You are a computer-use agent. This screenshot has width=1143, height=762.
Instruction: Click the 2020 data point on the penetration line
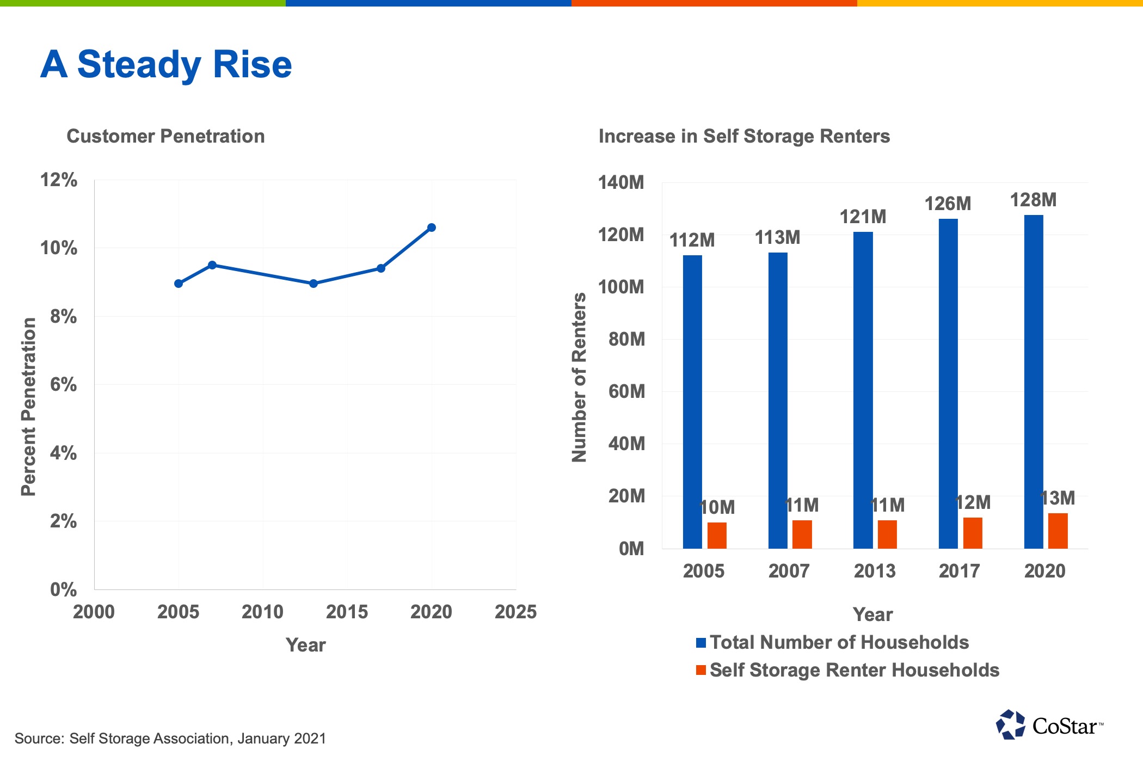pyautogui.click(x=432, y=228)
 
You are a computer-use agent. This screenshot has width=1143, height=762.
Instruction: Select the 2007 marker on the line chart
pyautogui.click(x=212, y=265)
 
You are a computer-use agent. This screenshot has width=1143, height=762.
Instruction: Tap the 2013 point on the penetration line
pyautogui.click(x=314, y=284)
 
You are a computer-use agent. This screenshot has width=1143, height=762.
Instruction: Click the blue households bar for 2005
pyautogui.click(x=692, y=403)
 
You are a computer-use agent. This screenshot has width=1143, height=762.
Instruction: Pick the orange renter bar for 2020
pyautogui.click(x=1058, y=531)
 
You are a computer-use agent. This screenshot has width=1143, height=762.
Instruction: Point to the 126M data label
pyautogui.click(x=948, y=204)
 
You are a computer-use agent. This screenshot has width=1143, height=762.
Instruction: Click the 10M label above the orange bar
pyautogui.click(x=717, y=507)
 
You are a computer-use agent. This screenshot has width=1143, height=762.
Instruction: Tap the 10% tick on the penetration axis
pyautogui.click(x=58, y=248)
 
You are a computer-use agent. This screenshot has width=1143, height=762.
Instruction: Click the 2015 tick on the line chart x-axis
pyautogui.click(x=347, y=612)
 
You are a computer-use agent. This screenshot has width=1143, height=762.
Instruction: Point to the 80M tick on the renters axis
pyautogui.click(x=626, y=339)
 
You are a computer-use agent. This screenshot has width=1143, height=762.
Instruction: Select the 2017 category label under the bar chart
pyautogui.click(x=959, y=571)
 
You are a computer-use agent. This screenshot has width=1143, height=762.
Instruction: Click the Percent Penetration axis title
pyautogui.click(x=28, y=407)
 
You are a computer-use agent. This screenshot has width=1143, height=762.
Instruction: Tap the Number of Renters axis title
pyautogui.click(x=579, y=377)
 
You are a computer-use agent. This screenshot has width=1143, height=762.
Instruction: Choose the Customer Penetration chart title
pyautogui.click(x=165, y=136)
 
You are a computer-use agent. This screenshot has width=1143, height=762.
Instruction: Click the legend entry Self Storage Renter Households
pyautogui.click(x=854, y=670)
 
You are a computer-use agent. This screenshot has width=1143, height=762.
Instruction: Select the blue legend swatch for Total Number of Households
pyautogui.click(x=701, y=643)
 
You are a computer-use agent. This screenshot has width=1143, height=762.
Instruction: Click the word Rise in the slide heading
pyautogui.click(x=252, y=64)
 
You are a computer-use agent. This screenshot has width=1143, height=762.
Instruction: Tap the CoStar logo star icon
pyautogui.click(x=1011, y=725)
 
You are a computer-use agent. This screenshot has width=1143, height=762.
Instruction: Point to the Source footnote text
pyautogui.click(x=170, y=739)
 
